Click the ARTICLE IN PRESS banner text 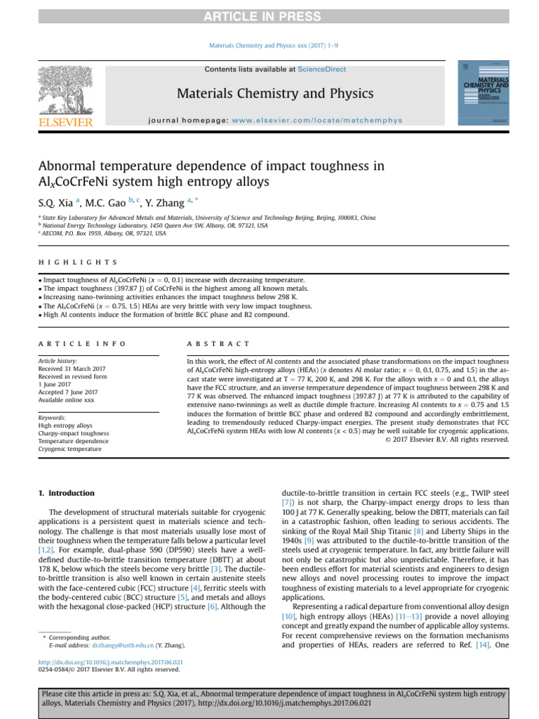click(x=269, y=17)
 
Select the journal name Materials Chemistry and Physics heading click(x=269, y=93)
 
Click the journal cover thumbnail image click(x=484, y=93)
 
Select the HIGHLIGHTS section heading click(x=78, y=262)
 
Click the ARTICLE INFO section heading click(x=82, y=343)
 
